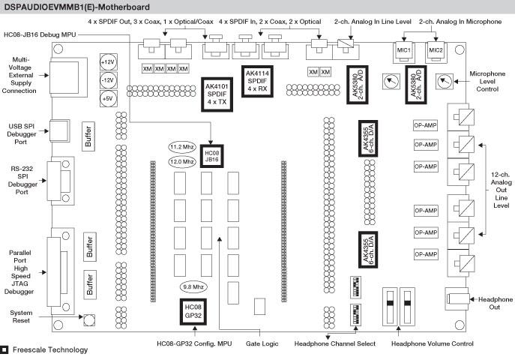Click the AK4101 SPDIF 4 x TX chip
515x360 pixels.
(x=214, y=94)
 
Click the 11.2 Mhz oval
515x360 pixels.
(x=182, y=147)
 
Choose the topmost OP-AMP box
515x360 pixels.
(x=425, y=124)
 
